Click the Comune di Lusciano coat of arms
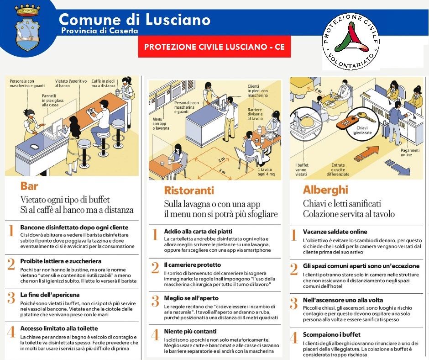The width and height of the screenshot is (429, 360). pos(27,28)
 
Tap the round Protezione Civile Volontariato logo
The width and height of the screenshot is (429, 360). pos(351,42)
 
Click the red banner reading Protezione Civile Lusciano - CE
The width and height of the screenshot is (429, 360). pos(214,47)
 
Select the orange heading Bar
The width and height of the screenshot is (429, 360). pos(29,186)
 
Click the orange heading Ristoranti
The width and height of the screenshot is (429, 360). pos(189,190)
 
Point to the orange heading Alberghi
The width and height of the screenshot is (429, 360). pos(325,190)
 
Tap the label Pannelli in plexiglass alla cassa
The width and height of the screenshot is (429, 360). pos(52,100)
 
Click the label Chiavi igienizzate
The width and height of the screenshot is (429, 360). pos(362,130)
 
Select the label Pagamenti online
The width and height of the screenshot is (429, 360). pos(410,152)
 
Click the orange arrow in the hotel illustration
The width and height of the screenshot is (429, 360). pos(366,154)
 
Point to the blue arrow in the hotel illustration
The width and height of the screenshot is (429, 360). pos(398,167)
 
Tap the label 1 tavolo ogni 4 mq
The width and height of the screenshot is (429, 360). pos(266,172)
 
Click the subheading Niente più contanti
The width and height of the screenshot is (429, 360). pos(190,331)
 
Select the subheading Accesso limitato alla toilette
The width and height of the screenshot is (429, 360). pos(59,328)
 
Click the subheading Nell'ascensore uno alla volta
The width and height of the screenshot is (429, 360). pos(343,300)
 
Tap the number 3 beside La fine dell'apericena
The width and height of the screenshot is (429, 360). pos(11,298)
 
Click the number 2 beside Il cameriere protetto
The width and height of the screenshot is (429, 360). pos(155,268)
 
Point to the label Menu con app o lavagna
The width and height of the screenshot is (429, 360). pos(161,123)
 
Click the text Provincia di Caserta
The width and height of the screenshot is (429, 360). pos(99,30)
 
